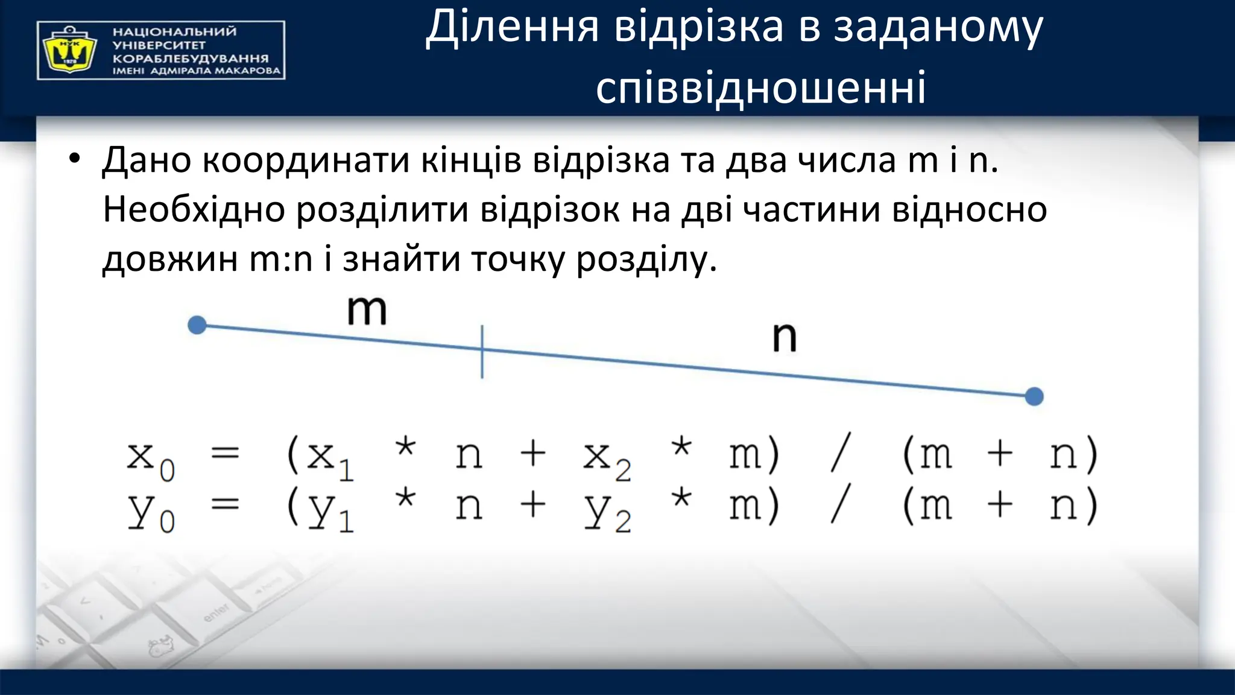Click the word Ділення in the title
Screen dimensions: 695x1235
click(512, 28)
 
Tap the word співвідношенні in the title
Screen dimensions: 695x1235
click(760, 88)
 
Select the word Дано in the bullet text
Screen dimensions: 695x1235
click(147, 161)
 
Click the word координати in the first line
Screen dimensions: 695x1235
click(306, 161)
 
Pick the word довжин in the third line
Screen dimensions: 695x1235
click(169, 260)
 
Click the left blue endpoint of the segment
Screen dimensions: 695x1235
click(197, 325)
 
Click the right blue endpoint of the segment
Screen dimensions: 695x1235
click(1034, 396)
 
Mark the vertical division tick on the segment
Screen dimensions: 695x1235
click(482, 351)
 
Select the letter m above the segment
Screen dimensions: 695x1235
click(367, 311)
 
